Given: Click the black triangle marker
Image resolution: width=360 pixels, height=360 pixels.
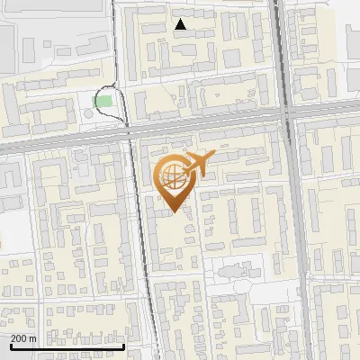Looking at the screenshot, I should (x=181, y=24).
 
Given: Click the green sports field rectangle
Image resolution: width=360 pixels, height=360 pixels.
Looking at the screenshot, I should (x=104, y=101).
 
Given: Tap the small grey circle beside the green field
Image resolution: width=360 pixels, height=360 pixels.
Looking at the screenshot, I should (x=89, y=113).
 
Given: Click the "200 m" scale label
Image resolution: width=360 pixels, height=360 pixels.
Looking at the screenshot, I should (x=24, y=338).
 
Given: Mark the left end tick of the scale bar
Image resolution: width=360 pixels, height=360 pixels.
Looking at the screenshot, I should (x=10, y=345).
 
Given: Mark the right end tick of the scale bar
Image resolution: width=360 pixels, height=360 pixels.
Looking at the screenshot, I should (x=123, y=345).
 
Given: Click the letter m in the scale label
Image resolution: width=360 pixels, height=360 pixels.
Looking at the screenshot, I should (x=32, y=338).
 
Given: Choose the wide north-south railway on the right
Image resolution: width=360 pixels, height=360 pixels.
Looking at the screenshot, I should (x=297, y=225).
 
